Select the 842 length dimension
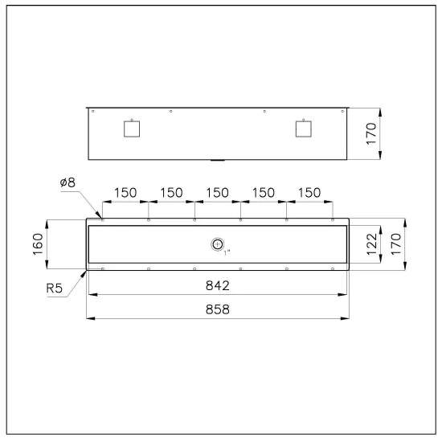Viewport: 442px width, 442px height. (x=218, y=285)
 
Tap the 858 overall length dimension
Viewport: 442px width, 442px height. (x=218, y=309)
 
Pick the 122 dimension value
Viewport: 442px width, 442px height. (x=371, y=244)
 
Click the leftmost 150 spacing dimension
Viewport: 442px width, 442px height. (x=125, y=193)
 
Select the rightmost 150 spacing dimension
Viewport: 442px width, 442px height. (x=309, y=193)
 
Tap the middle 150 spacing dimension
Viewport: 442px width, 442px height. (x=218, y=193)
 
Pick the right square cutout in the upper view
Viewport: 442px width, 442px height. (x=302, y=128)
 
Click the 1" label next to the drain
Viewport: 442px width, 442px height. (x=227, y=252)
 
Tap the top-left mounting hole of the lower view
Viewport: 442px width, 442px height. (x=103, y=219)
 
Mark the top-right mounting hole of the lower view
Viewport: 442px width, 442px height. (x=333, y=219)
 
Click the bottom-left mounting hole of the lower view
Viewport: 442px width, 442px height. (x=103, y=268)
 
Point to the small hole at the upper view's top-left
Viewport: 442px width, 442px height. (x=93, y=111)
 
